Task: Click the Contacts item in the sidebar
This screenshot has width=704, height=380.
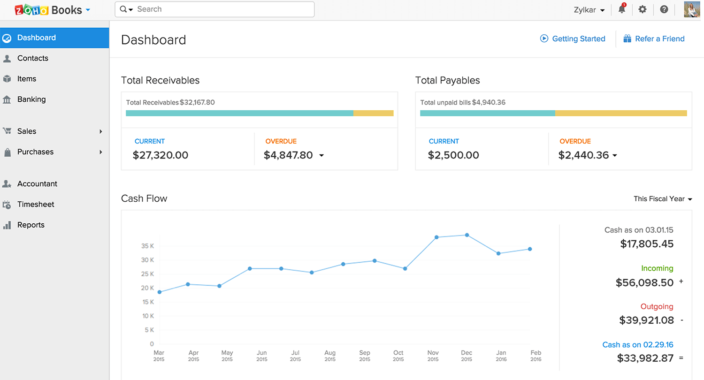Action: (32, 58)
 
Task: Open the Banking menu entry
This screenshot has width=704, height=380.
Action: (31, 99)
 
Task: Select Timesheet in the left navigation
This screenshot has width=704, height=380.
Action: (36, 205)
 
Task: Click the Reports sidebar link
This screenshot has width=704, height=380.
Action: (31, 225)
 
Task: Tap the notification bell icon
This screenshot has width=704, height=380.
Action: (622, 9)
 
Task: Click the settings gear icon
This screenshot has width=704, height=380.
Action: (643, 9)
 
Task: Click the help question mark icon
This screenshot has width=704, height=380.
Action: (664, 9)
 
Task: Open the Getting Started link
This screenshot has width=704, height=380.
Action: (578, 39)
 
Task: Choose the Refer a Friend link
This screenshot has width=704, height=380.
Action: (659, 39)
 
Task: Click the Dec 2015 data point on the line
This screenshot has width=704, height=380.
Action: (467, 235)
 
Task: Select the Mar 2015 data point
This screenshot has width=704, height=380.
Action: (160, 292)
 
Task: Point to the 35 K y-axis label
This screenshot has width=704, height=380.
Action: (147, 246)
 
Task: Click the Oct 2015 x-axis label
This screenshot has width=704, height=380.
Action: (398, 356)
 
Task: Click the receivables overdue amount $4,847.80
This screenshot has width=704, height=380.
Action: (288, 155)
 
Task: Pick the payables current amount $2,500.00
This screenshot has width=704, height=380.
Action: (453, 155)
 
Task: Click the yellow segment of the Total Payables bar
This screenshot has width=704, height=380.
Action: (621, 113)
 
